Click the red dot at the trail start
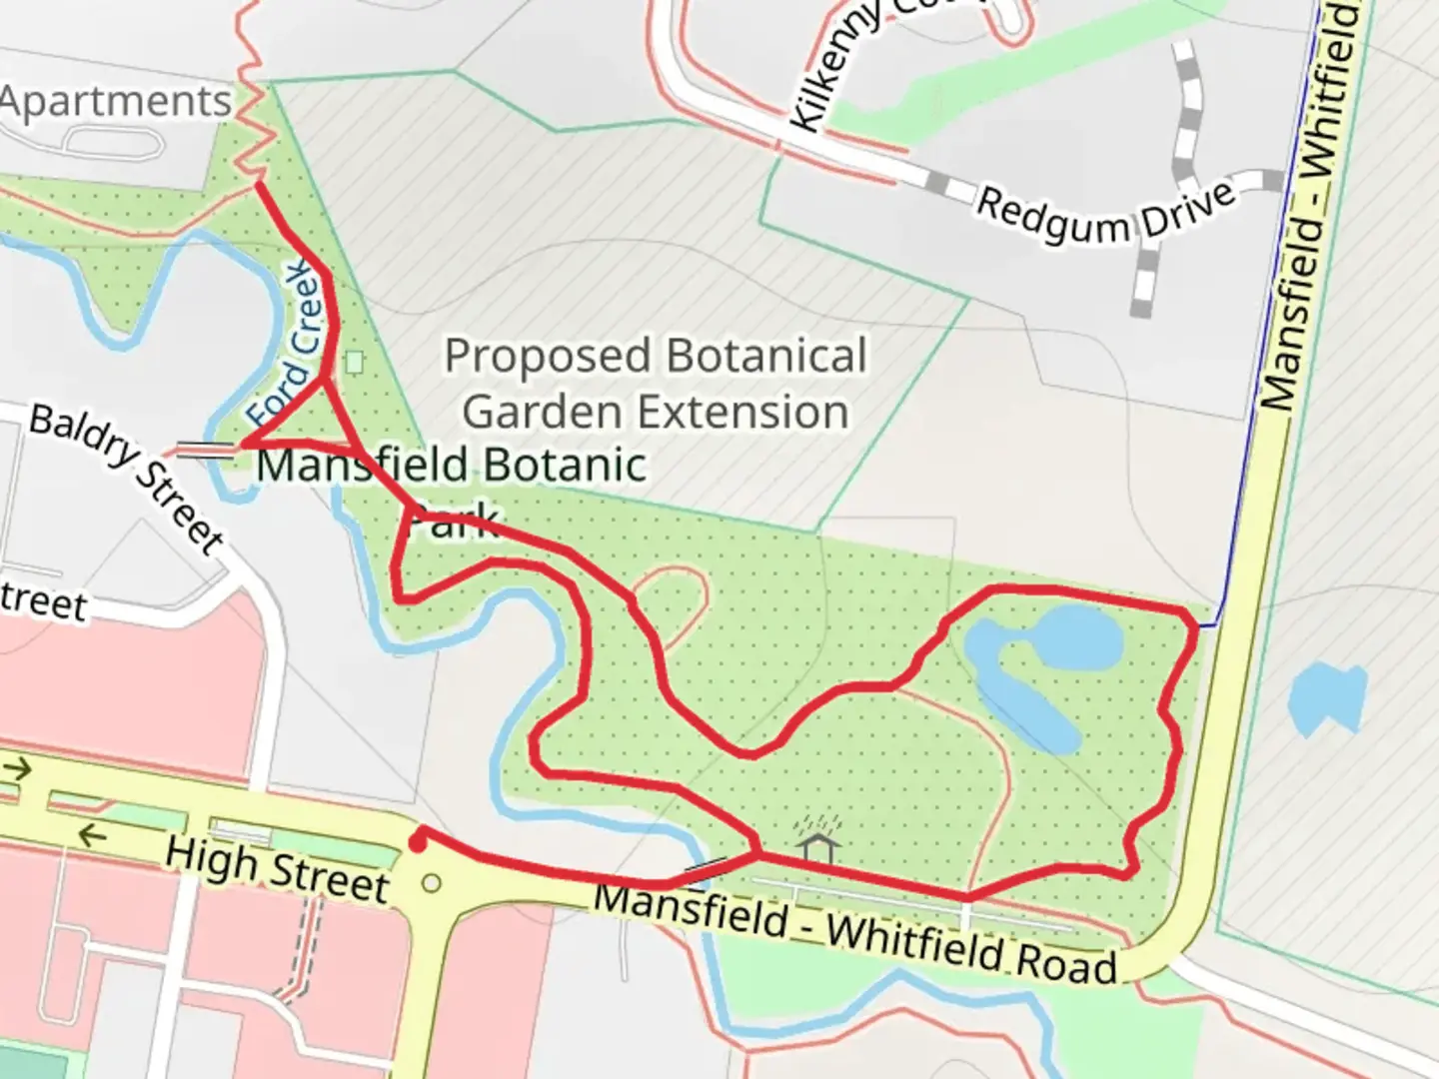click(418, 845)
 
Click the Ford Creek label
click(289, 345)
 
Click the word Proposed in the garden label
click(548, 357)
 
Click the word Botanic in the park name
click(566, 466)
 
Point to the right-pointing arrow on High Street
click(19, 769)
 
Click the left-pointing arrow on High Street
click(93, 834)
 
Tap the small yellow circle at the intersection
click(432, 883)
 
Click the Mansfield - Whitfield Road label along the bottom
click(854, 934)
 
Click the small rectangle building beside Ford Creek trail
click(355, 362)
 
